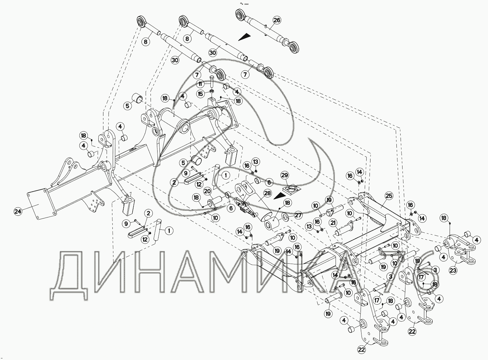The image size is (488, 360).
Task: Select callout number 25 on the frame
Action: tap(388, 196)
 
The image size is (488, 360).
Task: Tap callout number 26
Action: tap(277, 20)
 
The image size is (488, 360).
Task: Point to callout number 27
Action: tap(298, 215)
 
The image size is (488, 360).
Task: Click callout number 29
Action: tap(284, 175)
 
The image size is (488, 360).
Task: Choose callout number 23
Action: tap(453, 270)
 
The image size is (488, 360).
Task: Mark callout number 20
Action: tap(207, 191)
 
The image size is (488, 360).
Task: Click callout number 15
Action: tap(200, 93)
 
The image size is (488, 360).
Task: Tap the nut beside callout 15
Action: tap(212, 92)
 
